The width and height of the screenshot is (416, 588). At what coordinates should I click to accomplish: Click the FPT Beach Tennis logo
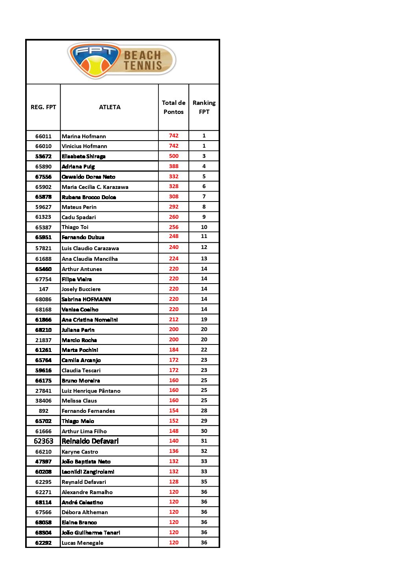(122, 60)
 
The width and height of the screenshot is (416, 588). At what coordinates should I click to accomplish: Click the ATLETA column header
(110, 107)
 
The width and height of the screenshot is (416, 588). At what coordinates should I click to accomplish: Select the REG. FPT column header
(43, 107)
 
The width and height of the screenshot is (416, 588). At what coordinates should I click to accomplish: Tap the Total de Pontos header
(173, 107)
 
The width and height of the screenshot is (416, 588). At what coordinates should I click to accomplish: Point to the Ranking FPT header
(204, 107)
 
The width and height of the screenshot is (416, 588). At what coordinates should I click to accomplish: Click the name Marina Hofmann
(84, 136)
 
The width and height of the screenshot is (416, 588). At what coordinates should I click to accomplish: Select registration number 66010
(43, 146)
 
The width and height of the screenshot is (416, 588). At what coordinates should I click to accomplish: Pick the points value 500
(174, 156)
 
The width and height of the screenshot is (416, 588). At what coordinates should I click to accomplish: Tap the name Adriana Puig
(78, 167)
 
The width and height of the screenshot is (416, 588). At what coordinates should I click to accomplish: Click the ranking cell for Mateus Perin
(204, 207)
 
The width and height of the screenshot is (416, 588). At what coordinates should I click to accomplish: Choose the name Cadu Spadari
(79, 217)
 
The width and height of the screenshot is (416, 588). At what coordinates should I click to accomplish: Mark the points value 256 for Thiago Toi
(174, 227)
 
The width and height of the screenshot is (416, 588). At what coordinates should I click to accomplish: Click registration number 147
(44, 289)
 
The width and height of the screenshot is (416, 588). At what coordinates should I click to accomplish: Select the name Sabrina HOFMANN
(86, 299)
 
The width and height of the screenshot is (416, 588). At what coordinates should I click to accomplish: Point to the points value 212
(174, 319)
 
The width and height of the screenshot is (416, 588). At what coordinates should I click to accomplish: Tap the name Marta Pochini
(80, 350)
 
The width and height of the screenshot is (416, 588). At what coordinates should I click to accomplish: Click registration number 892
(44, 411)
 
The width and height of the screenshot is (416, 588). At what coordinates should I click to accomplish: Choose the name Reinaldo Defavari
(90, 441)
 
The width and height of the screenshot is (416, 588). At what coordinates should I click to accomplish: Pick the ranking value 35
(204, 482)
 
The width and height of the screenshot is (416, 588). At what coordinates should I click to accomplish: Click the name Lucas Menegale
(83, 543)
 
